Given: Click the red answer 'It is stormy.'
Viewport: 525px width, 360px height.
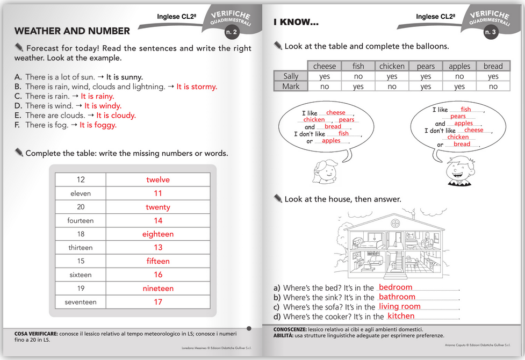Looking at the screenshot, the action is [x=197, y=87].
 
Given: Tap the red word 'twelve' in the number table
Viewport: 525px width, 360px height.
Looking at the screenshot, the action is [x=158, y=179].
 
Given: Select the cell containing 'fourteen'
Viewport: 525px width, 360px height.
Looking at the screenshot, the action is [x=81, y=220].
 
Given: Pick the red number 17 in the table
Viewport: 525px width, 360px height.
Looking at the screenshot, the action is [x=158, y=302].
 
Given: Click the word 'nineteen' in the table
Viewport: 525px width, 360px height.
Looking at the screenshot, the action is [x=158, y=289].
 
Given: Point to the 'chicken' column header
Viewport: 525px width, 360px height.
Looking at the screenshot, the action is [x=392, y=66].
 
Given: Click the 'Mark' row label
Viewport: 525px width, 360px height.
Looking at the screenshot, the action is [x=291, y=87].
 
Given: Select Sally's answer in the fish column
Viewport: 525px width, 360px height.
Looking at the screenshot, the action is [x=358, y=76].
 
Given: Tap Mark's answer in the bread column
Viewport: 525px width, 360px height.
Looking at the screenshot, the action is [x=493, y=87].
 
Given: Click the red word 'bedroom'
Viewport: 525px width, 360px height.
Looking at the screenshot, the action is [x=395, y=287].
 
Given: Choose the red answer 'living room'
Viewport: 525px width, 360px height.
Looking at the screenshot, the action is [x=400, y=306].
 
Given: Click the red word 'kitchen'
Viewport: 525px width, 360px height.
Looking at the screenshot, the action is [x=401, y=316].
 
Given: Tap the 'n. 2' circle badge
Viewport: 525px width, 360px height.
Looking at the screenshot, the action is [x=232, y=32].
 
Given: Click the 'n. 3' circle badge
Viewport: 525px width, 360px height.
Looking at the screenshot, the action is [x=491, y=32].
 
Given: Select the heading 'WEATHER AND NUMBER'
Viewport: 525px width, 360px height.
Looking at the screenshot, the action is [x=72, y=31].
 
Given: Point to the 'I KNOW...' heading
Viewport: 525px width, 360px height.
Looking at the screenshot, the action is [x=296, y=23].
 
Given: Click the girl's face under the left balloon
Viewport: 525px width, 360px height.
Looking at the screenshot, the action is [x=326, y=171].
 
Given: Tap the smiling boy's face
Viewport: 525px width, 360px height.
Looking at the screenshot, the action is [x=459, y=170].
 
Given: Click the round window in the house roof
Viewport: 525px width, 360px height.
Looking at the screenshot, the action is [x=395, y=222].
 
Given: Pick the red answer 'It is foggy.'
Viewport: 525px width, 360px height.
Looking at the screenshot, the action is [x=98, y=125].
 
